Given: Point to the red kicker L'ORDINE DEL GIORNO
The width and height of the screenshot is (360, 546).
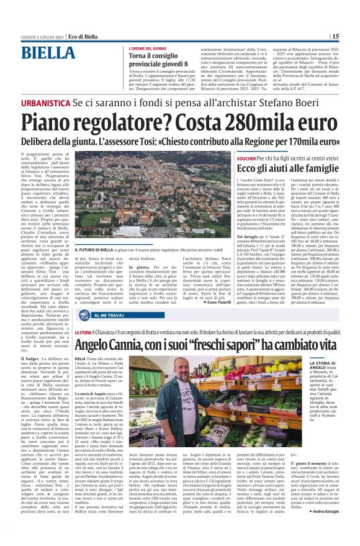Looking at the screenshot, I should (x=149, y=48).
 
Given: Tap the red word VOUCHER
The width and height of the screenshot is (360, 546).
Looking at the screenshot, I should (x=247, y=159).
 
